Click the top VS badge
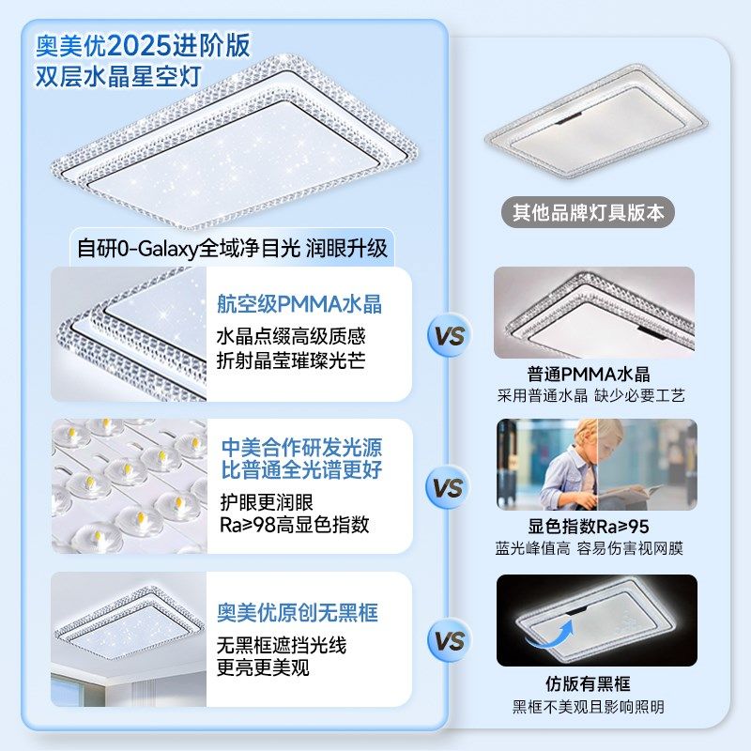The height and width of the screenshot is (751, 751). click(450, 335)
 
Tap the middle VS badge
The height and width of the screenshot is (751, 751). click(450, 488)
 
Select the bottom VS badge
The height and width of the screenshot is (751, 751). click(450, 641)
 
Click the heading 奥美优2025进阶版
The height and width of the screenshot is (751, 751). click(143, 44)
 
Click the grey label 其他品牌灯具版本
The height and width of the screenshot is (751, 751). click(588, 212)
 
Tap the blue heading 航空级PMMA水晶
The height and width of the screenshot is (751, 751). click(299, 304)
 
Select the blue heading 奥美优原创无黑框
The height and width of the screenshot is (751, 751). click(297, 613)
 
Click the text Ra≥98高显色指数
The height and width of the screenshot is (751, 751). click(293, 524)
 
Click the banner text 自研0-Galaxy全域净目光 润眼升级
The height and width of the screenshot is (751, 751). click(232, 249)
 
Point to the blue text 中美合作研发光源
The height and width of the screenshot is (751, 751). click(301, 447)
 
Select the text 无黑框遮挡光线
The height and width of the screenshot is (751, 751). click(279, 646)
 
